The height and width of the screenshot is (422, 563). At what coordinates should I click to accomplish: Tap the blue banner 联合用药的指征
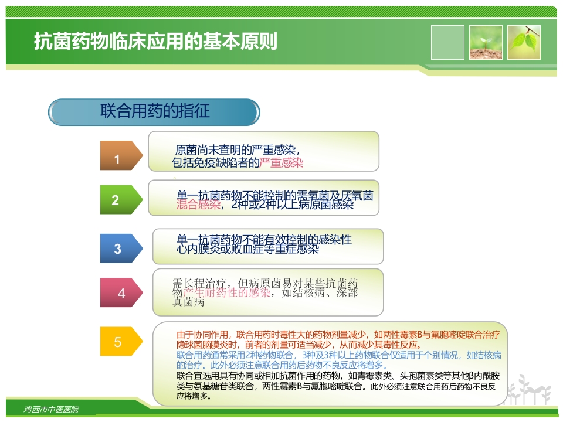coord(154,111)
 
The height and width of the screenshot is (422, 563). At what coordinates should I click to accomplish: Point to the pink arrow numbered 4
coord(121,293)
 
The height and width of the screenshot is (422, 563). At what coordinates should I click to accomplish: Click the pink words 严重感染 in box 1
coord(281,163)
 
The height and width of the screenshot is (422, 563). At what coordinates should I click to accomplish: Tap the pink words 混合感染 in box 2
coord(199,205)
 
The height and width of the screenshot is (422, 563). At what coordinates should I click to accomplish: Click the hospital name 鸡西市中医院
coord(52,409)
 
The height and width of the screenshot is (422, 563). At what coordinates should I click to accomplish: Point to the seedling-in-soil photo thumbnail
coord(486,42)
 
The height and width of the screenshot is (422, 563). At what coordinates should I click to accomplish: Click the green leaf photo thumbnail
coord(524,42)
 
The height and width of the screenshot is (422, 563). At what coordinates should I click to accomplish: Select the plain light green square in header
coord(447,42)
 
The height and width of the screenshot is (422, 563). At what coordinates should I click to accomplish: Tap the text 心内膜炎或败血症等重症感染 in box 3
coord(247,249)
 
